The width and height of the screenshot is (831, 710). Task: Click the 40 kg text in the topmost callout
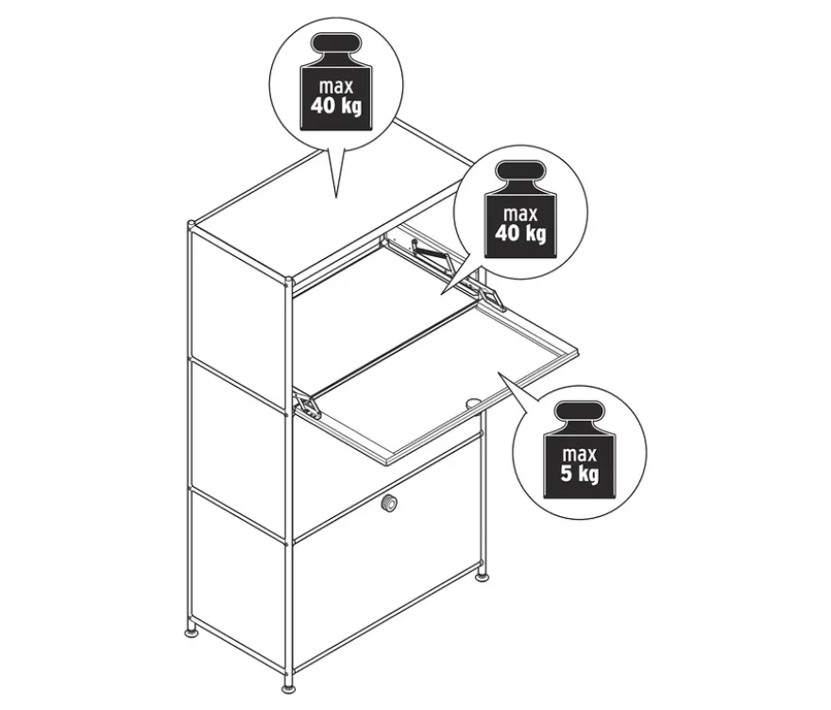tap(336, 106)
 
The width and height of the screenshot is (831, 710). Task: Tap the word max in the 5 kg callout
tap(579, 454)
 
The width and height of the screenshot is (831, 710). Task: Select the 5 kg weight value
tap(579, 474)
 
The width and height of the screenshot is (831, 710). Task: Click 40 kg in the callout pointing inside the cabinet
tap(520, 233)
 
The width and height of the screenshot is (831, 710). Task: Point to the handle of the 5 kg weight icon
tap(579, 412)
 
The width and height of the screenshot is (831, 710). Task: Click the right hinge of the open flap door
tap(493, 298)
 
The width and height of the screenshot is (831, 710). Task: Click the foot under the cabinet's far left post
tap(192, 633)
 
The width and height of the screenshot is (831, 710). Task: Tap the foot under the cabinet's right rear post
tap(482, 577)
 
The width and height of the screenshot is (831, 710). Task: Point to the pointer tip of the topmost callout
tap(336, 197)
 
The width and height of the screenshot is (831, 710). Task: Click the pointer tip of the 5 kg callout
tap(499, 372)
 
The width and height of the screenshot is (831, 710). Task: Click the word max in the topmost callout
tap(336, 86)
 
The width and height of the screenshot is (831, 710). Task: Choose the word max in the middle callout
tap(520, 214)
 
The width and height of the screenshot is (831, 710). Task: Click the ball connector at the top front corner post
tap(288, 281)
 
